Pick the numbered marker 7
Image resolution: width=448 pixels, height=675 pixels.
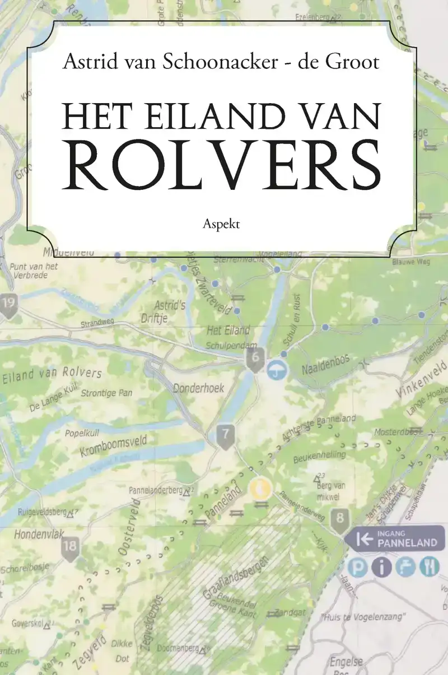point(225,435)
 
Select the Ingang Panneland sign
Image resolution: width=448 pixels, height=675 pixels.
point(394,539)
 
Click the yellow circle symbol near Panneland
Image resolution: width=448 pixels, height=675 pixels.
point(260,488)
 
